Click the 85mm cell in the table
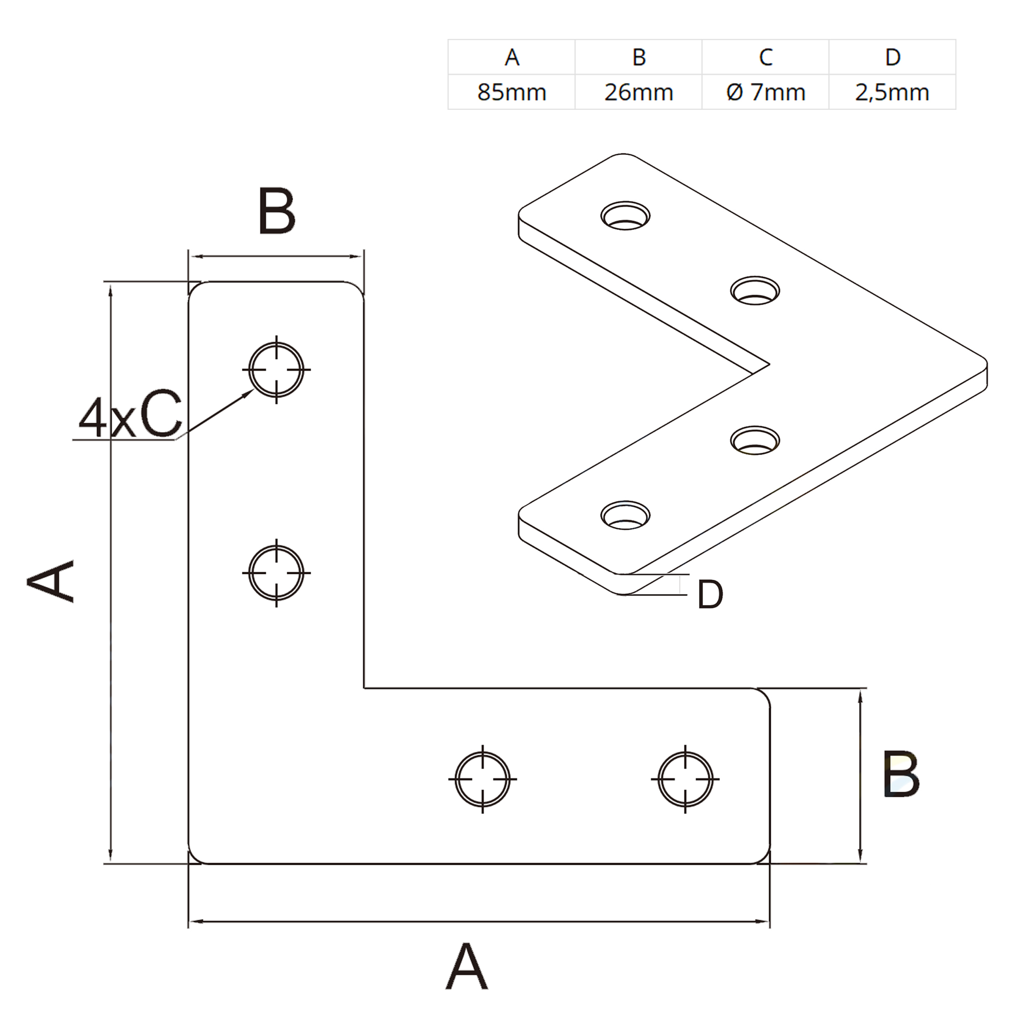coord(511,92)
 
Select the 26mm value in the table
coord(639,92)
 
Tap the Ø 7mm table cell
coord(766,92)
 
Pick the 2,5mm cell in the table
coord(892,92)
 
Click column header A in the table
coord(511,57)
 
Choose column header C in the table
coord(766,57)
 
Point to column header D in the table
coord(892,57)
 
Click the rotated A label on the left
coord(51,581)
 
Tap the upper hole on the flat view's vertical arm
coord(276,370)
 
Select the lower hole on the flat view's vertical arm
coord(276,573)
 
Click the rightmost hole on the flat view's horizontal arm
coord(685,779)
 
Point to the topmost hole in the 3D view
coord(625,215)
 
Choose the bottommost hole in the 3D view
coord(625,516)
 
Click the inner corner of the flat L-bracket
coord(364,687)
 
